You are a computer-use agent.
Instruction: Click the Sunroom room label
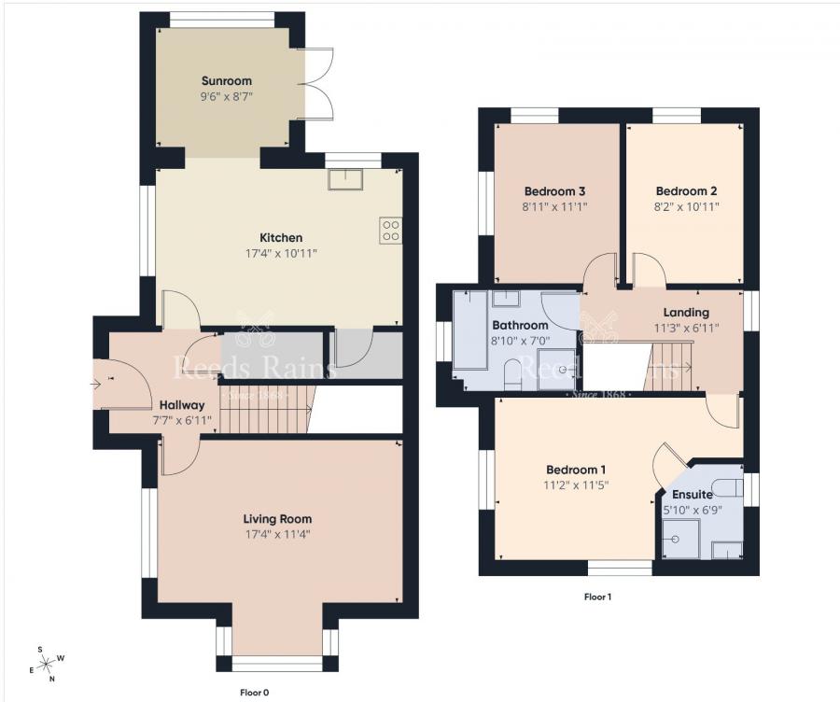pyautogui.click(x=227, y=81)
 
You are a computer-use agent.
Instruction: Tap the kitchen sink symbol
pyautogui.click(x=344, y=178)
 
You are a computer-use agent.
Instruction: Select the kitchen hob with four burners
pyautogui.click(x=390, y=230)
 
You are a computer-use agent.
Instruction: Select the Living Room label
pyautogui.click(x=277, y=519)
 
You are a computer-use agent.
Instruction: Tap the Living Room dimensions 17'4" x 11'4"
pyautogui.click(x=277, y=535)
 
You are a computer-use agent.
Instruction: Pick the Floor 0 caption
pyautogui.click(x=254, y=693)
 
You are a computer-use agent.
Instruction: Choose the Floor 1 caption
pyautogui.click(x=597, y=596)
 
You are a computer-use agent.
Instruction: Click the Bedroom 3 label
pyautogui.click(x=554, y=191)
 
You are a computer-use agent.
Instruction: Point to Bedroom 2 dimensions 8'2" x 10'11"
pyautogui.click(x=686, y=206)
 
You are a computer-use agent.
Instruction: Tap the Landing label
pyautogui.click(x=686, y=312)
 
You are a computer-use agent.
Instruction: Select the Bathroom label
pyautogui.click(x=520, y=325)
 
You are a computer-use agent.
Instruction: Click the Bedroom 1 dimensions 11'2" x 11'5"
pyautogui.click(x=576, y=484)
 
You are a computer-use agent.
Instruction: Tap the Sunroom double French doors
pyautogui.click(x=318, y=84)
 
